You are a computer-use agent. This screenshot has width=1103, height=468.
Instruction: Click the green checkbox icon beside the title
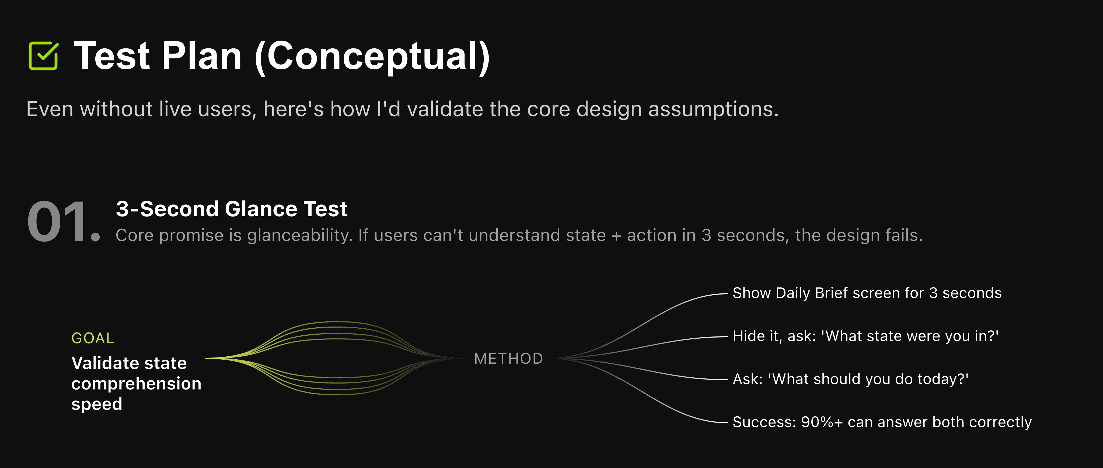click(x=43, y=56)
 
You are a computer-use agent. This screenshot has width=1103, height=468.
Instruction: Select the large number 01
click(x=63, y=222)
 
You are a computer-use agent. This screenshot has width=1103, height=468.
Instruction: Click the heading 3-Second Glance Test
click(x=231, y=209)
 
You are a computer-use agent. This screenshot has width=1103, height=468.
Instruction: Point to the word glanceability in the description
click(x=300, y=235)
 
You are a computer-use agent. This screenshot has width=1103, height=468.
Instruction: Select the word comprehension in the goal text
click(x=136, y=384)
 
